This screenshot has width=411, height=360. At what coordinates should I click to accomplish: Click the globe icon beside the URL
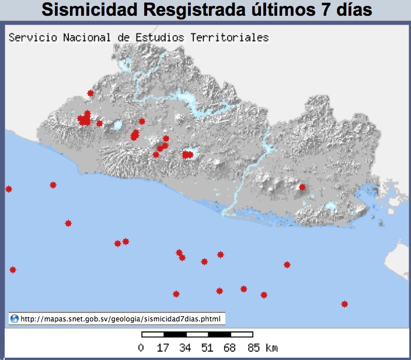pyautogui.click(x=15, y=319)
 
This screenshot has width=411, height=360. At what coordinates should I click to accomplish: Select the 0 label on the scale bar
pyautogui.click(x=141, y=348)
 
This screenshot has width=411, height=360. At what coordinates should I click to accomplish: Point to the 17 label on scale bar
pyautogui.click(x=163, y=348)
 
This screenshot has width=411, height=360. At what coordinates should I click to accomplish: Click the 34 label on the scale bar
pyautogui.click(x=186, y=348)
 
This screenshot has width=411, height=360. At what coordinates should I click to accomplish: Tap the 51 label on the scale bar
pyautogui.click(x=208, y=348)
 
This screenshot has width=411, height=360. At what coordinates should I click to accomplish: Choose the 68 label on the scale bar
pyautogui.click(x=230, y=348)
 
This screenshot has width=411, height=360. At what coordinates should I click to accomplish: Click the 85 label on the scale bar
pyautogui.click(x=252, y=348)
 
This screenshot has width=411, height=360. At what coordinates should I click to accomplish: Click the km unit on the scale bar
pyautogui.click(x=271, y=348)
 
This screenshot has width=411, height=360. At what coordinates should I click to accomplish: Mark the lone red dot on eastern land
pyautogui.click(x=302, y=187)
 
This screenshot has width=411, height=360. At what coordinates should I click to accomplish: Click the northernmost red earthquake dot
pyautogui.click(x=90, y=93)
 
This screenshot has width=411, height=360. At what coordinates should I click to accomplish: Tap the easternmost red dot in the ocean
pyautogui.click(x=344, y=304)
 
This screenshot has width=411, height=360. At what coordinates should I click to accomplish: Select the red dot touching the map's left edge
pyautogui.click(x=9, y=189)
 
